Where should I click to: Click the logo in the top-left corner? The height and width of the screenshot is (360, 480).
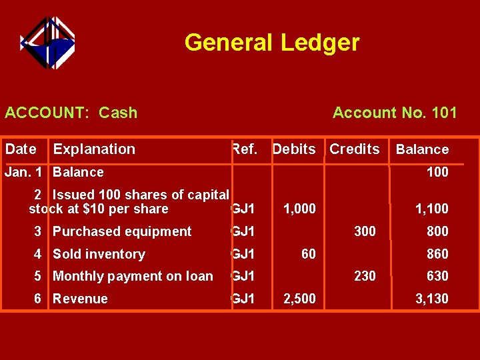(x=47, y=43)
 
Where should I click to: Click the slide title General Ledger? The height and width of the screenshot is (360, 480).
(x=271, y=43)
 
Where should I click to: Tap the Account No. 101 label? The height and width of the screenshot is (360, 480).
(x=395, y=113)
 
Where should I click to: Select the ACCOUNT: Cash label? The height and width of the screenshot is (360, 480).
(x=71, y=113)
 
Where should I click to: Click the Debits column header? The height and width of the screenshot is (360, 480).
(x=294, y=149)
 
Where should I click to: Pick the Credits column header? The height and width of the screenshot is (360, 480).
(x=355, y=149)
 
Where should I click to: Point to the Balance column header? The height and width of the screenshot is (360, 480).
(x=422, y=150)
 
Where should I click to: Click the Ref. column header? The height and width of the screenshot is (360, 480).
(x=244, y=149)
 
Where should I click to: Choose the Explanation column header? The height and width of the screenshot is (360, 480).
(x=94, y=149)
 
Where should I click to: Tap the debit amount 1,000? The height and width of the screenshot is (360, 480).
(x=299, y=209)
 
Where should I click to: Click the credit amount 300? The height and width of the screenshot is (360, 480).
(x=365, y=231)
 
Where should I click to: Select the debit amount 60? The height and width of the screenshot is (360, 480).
(x=307, y=254)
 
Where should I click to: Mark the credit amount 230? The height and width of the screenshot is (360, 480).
(x=365, y=276)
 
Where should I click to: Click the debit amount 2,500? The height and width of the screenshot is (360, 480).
(x=299, y=299)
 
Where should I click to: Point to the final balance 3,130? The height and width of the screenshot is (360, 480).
(x=431, y=299)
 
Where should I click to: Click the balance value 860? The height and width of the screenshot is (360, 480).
(x=437, y=254)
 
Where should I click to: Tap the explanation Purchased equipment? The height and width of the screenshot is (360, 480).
(x=122, y=231)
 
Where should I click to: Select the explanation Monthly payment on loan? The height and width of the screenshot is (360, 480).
(x=133, y=276)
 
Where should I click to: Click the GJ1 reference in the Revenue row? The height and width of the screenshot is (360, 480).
(x=243, y=299)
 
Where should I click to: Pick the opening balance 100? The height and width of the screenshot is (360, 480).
(x=437, y=172)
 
